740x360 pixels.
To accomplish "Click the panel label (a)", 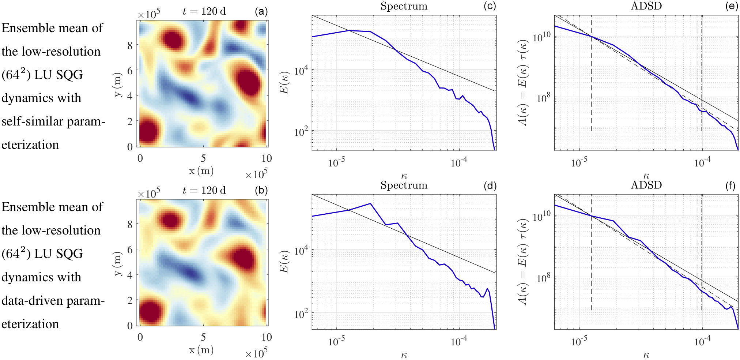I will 261,11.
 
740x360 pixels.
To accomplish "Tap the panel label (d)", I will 490,186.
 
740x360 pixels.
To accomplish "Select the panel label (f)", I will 730,186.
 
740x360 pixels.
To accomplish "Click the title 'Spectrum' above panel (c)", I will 404,6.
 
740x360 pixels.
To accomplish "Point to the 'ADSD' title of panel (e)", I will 646,6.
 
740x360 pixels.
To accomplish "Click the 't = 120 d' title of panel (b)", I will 204,190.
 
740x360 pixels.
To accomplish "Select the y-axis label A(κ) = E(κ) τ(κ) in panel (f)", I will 524,262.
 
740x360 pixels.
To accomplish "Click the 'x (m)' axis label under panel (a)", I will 201,171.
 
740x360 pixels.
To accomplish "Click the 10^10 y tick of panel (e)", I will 541,37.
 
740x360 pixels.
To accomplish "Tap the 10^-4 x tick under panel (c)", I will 459,163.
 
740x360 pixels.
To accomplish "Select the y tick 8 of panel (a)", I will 130,45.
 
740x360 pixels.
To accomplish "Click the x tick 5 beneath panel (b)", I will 203,337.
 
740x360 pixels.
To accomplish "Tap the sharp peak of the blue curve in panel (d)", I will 370,203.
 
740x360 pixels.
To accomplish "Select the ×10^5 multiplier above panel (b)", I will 149,193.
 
